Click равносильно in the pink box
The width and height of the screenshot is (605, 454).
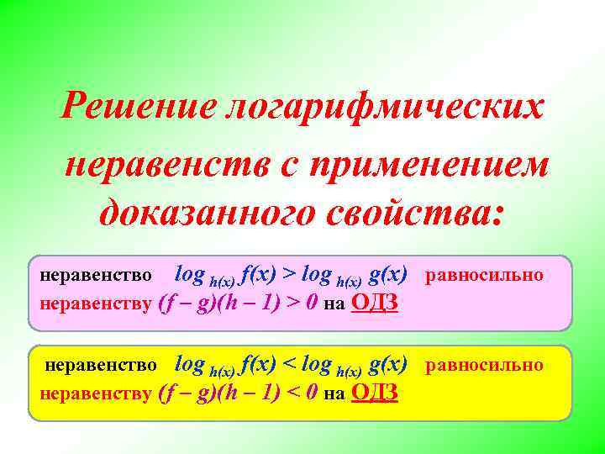point(485,275)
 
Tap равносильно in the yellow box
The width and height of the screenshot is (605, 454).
point(485,365)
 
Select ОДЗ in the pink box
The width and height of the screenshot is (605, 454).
point(373,303)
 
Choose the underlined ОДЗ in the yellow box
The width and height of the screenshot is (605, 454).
point(373,393)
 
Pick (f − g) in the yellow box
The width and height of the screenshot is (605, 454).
point(188,393)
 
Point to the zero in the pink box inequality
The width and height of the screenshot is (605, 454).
point(311,303)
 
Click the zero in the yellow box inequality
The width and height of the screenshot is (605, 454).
point(311,393)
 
